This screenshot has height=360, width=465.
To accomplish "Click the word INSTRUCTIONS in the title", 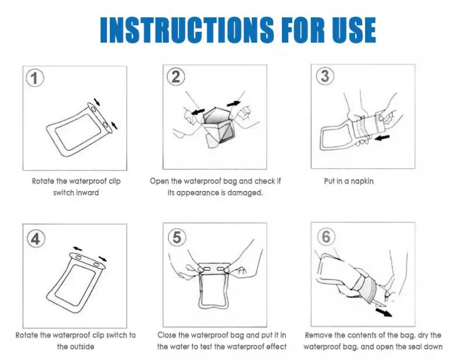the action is (x=187, y=30).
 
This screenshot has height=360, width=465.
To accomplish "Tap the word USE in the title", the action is (x=354, y=30).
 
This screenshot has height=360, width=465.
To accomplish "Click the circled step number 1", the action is (x=35, y=78).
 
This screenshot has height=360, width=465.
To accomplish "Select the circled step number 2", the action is (x=176, y=77).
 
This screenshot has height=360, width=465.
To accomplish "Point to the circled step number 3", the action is (x=325, y=76).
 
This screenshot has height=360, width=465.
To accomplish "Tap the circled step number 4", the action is (x=36, y=239).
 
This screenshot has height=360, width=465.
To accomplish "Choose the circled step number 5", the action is (x=177, y=237).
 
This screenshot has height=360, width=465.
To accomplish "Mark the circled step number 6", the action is (x=326, y=237).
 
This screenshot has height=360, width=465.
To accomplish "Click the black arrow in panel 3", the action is (x=382, y=138).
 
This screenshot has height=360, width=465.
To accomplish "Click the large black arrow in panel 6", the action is (x=384, y=312).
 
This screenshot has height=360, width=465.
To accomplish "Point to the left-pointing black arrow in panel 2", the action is (x=198, y=111).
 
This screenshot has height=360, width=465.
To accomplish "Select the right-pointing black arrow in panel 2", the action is (x=234, y=104).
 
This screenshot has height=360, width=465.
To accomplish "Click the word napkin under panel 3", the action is (x=362, y=181).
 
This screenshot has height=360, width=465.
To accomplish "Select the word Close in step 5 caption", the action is (x=167, y=335).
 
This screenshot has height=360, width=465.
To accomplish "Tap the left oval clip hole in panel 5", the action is (x=206, y=269).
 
